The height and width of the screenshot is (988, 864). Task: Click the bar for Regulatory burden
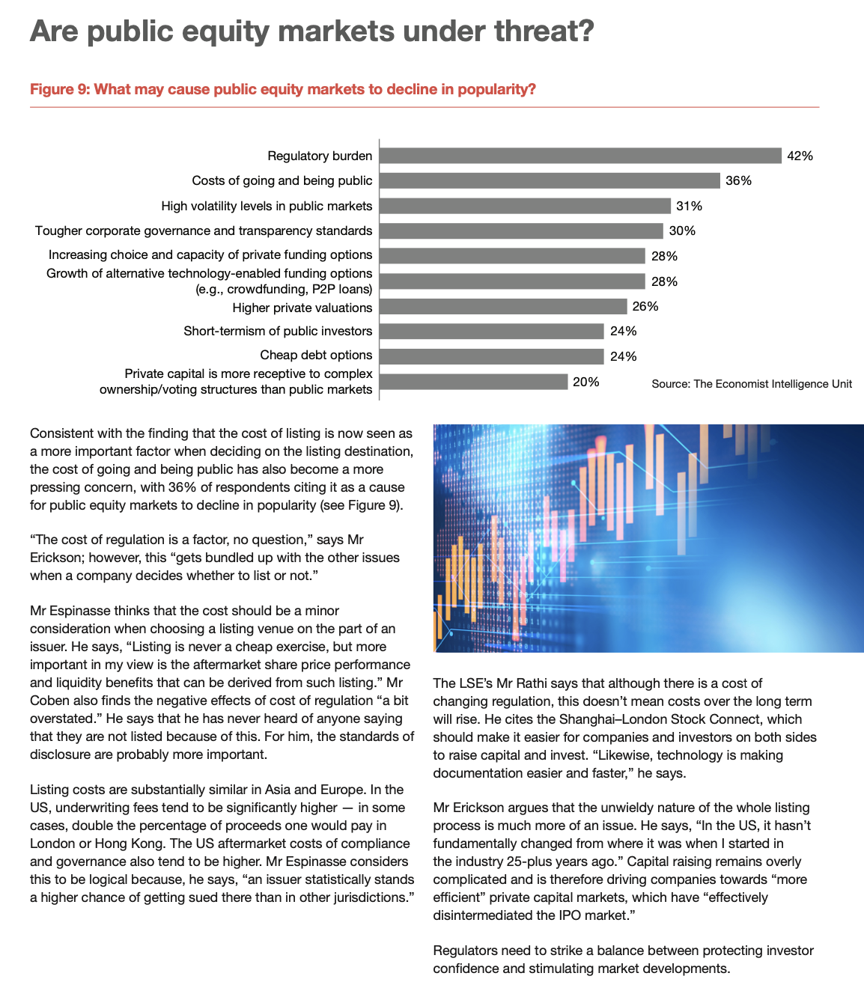[x=580, y=156]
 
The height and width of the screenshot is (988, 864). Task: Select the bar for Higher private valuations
[x=503, y=307]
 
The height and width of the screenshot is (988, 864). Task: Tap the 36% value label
[x=738, y=181]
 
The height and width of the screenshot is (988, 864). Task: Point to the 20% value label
[x=585, y=382]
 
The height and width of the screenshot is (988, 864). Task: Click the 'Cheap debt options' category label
[x=316, y=356]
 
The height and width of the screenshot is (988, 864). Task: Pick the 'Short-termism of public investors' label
[x=278, y=332]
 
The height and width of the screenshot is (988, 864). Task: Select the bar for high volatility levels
[x=525, y=206]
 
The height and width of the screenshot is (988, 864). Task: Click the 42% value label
[x=800, y=156]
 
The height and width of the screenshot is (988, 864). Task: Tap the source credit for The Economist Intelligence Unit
[x=752, y=384]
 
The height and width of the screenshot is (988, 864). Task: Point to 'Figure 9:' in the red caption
[x=59, y=90]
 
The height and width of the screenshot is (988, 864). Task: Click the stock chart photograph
[x=648, y=538]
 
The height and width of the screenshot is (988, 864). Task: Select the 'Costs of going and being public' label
[x=282, y=180]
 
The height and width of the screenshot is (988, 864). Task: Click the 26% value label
[x=645, y=307]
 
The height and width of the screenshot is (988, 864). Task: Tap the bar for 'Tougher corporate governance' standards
[x=521, y=231]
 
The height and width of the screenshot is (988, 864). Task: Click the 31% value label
[x=689, y=207]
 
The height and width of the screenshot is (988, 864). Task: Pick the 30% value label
[x=682, y=231]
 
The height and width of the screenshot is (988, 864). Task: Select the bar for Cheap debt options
[x=492, y=356]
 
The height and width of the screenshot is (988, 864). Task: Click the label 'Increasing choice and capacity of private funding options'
[x=210, y=255]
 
